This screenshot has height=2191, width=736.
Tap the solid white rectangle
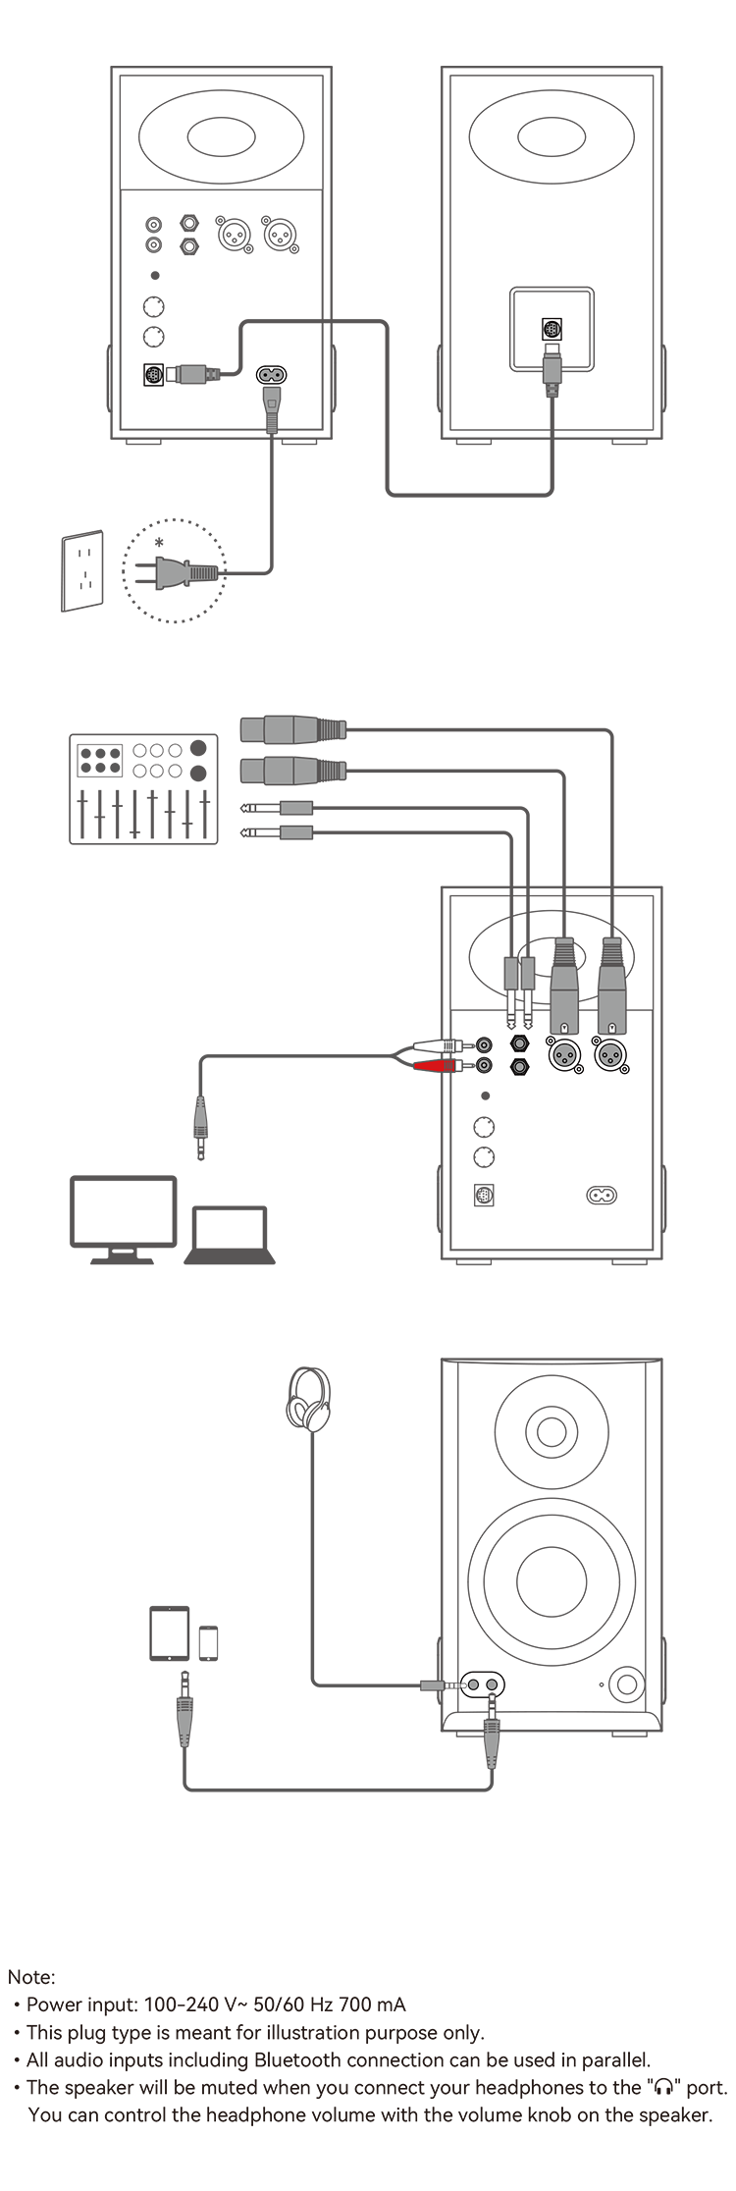170,1633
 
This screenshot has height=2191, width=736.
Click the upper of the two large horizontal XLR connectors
292,730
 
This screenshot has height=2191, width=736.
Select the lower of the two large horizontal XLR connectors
292,771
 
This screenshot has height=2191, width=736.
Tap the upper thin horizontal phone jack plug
277,809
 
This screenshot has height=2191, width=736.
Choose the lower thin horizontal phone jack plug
277,832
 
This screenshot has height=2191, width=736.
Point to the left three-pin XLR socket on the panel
564,1056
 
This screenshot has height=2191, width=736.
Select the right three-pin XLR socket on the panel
611,1056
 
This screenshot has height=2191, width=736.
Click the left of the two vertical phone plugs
511,991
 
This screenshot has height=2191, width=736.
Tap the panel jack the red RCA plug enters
484,1066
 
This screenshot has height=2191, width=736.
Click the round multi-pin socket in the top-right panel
552,329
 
